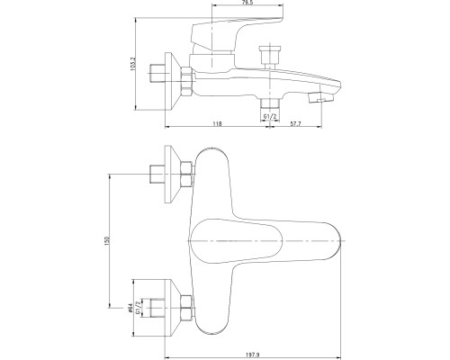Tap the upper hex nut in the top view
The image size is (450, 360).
click(x=187, y=175)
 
